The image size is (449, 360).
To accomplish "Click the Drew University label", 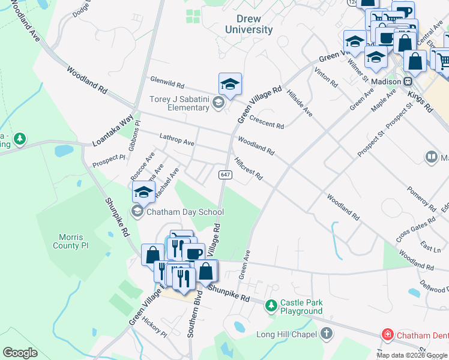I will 249,25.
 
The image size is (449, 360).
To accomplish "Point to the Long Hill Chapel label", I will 286,334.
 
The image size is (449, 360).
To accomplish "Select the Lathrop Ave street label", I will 176,140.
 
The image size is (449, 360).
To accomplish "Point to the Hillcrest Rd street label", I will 249,169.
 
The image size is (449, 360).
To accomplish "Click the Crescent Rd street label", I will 267,122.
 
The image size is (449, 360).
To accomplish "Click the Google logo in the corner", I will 20,352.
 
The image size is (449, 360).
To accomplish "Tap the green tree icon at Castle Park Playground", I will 271,307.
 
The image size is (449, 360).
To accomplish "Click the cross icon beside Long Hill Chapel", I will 326,334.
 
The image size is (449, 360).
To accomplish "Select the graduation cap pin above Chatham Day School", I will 143,192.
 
